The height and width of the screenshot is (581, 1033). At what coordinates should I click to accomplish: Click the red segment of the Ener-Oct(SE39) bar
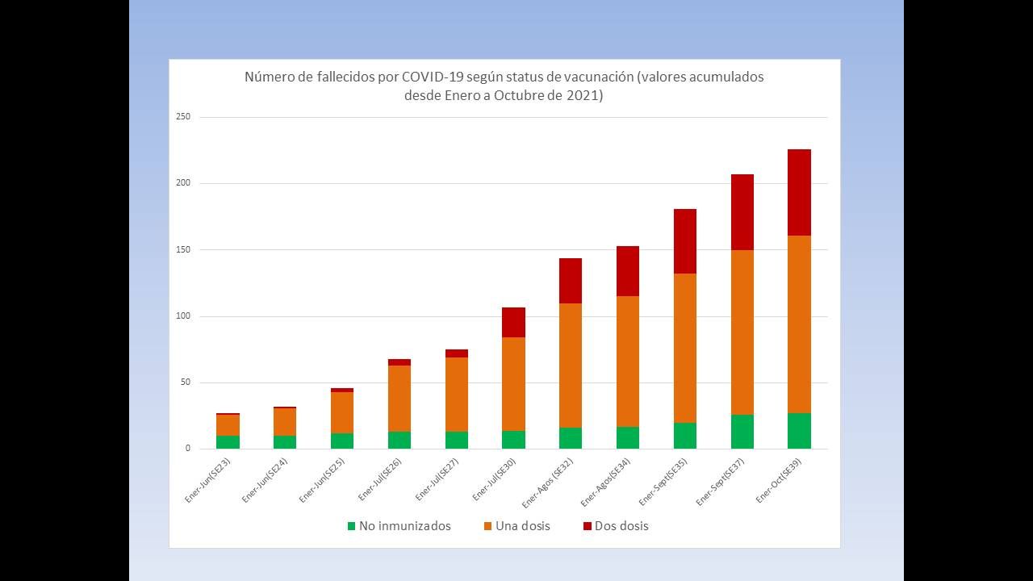point(799,192)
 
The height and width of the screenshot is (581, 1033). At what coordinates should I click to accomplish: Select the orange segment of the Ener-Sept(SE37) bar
point(742,332)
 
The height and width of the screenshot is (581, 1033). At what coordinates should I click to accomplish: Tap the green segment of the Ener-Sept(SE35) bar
point(684,436)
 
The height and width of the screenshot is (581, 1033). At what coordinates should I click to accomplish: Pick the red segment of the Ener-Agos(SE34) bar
point(627,271)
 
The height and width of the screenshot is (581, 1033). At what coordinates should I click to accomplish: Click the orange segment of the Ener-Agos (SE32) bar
point(570,365)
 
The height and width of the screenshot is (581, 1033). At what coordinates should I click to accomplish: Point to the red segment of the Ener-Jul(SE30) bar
point(513,322)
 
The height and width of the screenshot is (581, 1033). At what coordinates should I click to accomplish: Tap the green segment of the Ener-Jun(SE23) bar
point(228,442)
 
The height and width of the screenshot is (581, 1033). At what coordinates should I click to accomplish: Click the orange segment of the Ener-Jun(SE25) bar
point(341,412)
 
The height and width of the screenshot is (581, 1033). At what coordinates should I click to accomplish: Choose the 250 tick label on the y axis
point(183,117)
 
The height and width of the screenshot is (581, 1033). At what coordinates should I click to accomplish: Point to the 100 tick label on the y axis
point(183,316)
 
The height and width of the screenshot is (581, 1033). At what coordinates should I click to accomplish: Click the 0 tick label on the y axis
point(187,449)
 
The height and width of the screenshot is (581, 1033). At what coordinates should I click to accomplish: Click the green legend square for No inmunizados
point(351,526)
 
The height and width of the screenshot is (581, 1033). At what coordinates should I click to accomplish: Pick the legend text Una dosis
point(522,526)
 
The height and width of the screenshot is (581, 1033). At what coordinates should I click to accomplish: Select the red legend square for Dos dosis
point(587,526)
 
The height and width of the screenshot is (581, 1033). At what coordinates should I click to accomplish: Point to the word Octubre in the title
point(529,95)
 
